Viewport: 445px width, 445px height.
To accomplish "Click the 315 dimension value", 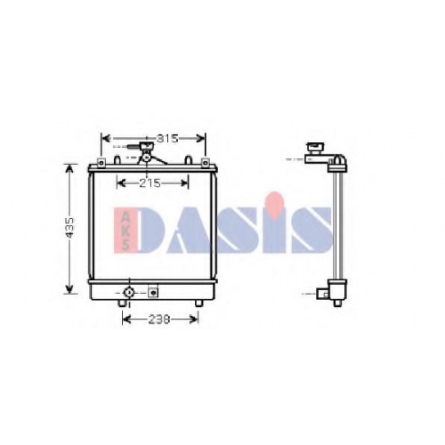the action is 167,138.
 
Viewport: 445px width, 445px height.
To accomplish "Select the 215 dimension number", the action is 150,183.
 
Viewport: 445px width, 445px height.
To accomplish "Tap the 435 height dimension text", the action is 70,228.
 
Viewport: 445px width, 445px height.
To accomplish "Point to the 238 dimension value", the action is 159,320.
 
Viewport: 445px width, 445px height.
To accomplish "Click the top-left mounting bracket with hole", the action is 101,163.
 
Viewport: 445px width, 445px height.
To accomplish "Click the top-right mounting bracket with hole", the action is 205,163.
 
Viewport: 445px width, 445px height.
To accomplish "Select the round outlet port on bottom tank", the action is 128,293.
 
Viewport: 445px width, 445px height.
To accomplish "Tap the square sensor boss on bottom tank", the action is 153,293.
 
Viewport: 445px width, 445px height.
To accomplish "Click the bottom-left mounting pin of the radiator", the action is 122,303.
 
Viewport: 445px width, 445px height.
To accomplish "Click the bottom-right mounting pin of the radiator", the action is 198,303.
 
